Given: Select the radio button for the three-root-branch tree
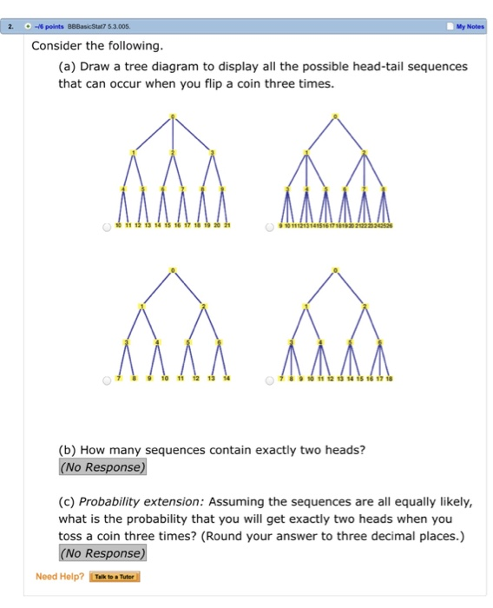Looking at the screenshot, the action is [x=105, y=228].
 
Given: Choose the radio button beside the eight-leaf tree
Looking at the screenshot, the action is [x=105, y=380].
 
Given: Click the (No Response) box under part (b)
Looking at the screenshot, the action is [x=102, y=467].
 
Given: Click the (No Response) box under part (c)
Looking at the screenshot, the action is [x=102, y=552].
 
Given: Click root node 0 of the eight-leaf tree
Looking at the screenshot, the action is [x=173, y=271].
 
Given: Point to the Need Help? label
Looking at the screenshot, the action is [x=60, y=576].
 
